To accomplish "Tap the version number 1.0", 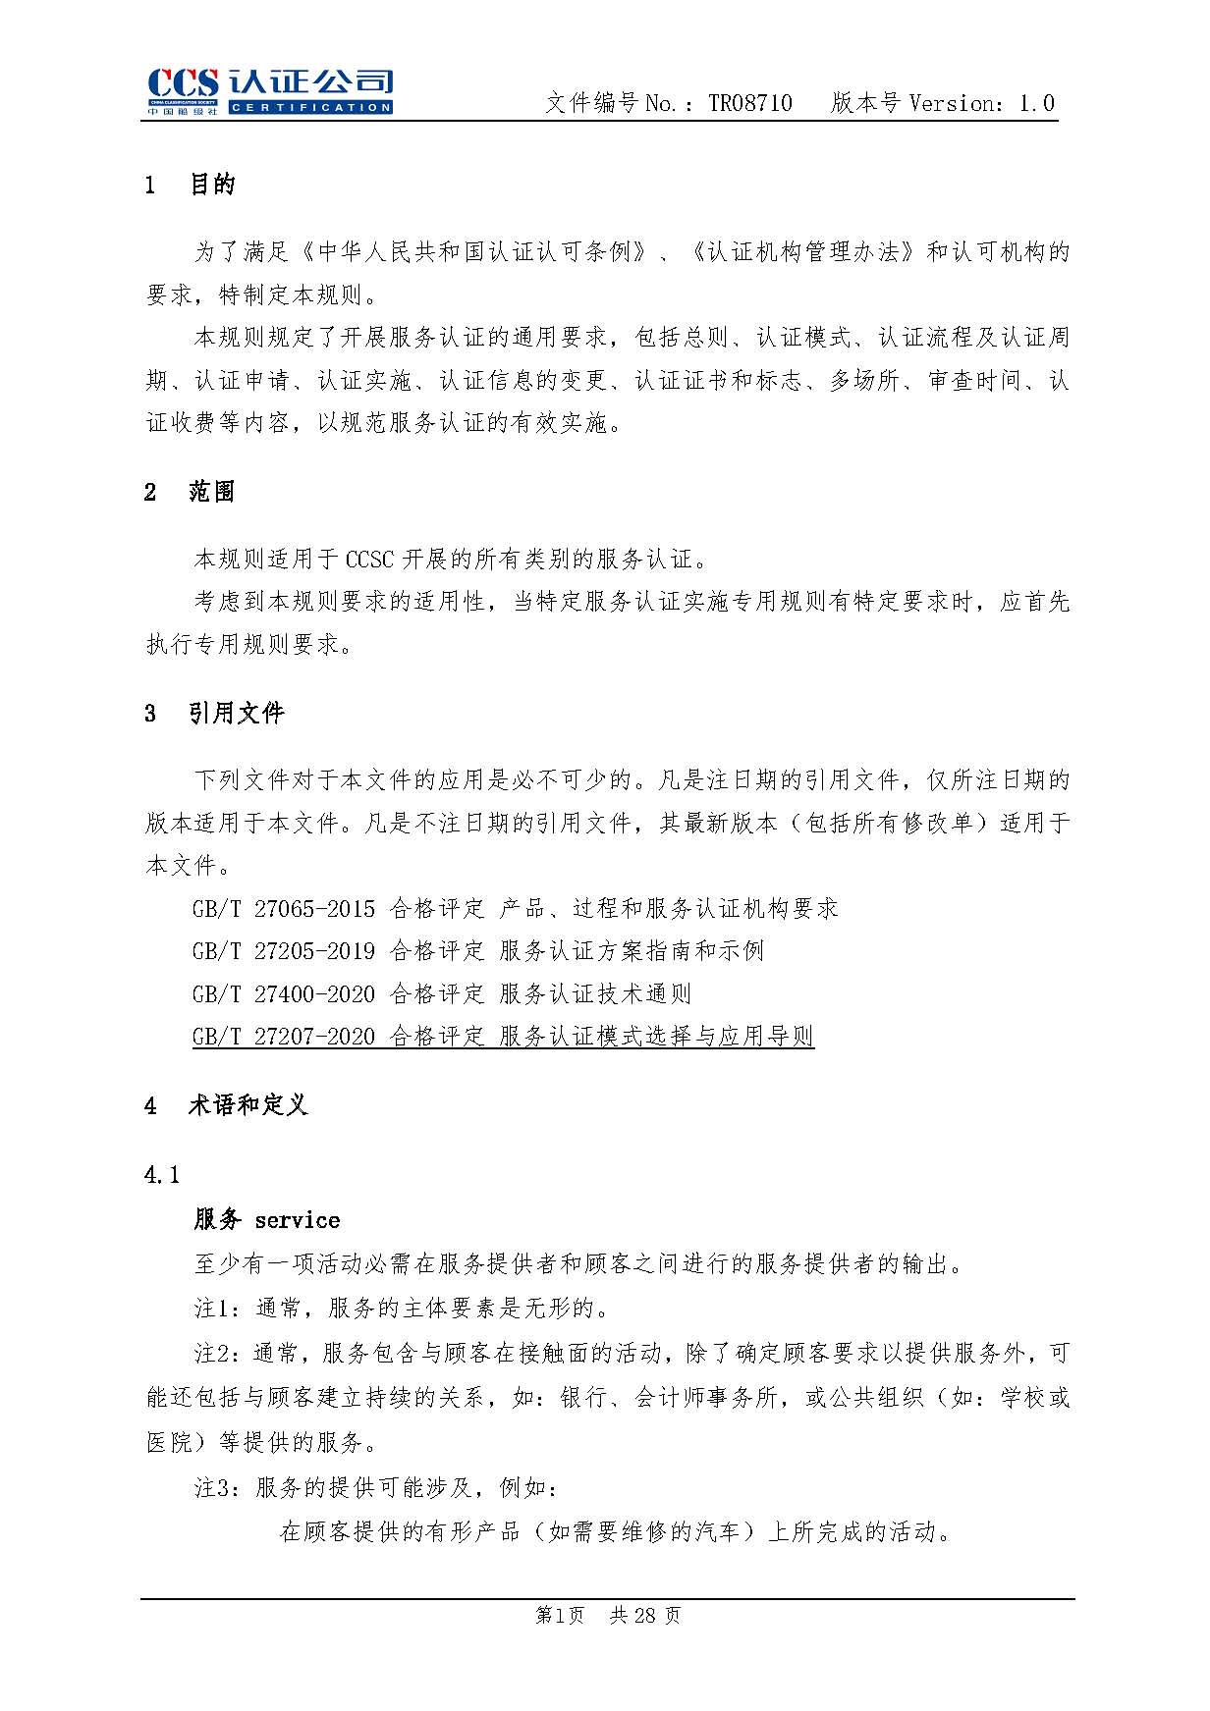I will click(x=1036, y=103).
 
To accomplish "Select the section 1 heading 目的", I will click(x=212, y=185).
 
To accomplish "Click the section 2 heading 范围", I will click(x=212, y=492).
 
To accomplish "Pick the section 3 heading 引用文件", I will click(x=237, y=713).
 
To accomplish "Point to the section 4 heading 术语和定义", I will click(x=248, y=1105).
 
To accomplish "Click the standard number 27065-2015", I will click(x=314, y=909).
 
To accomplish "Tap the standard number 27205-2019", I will click(x=314, y=951).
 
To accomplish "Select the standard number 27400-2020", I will click(x=314, y=994).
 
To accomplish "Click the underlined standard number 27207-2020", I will click(x=314, y=1037).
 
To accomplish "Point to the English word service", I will click(x=298, y=1220).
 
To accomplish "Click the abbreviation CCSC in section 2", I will click(x=369, y=561).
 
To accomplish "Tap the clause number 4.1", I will click(x=162, y=1175).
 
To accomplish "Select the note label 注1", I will click(x=216, y=1309).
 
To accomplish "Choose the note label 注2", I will click(x=216, y=1354).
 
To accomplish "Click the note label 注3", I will click(x=216, y=1488).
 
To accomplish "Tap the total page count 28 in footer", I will click(x=645, y=1616).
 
